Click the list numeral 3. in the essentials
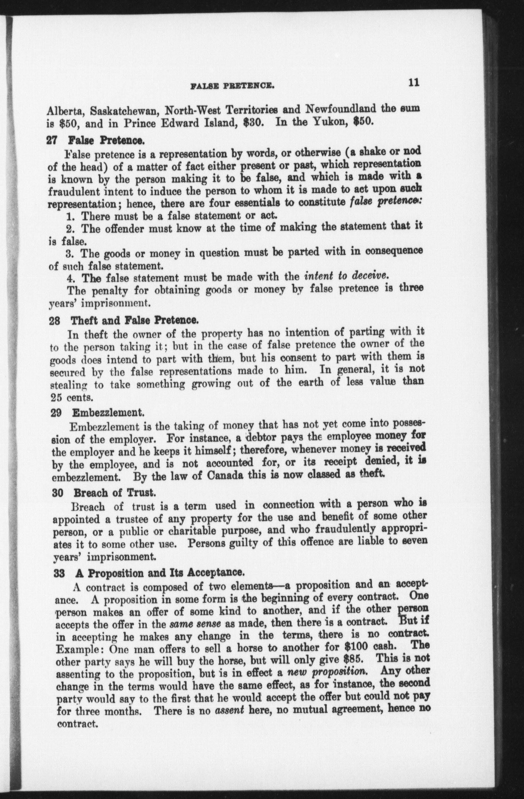coord(70,253)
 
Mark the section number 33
coord(57,574)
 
